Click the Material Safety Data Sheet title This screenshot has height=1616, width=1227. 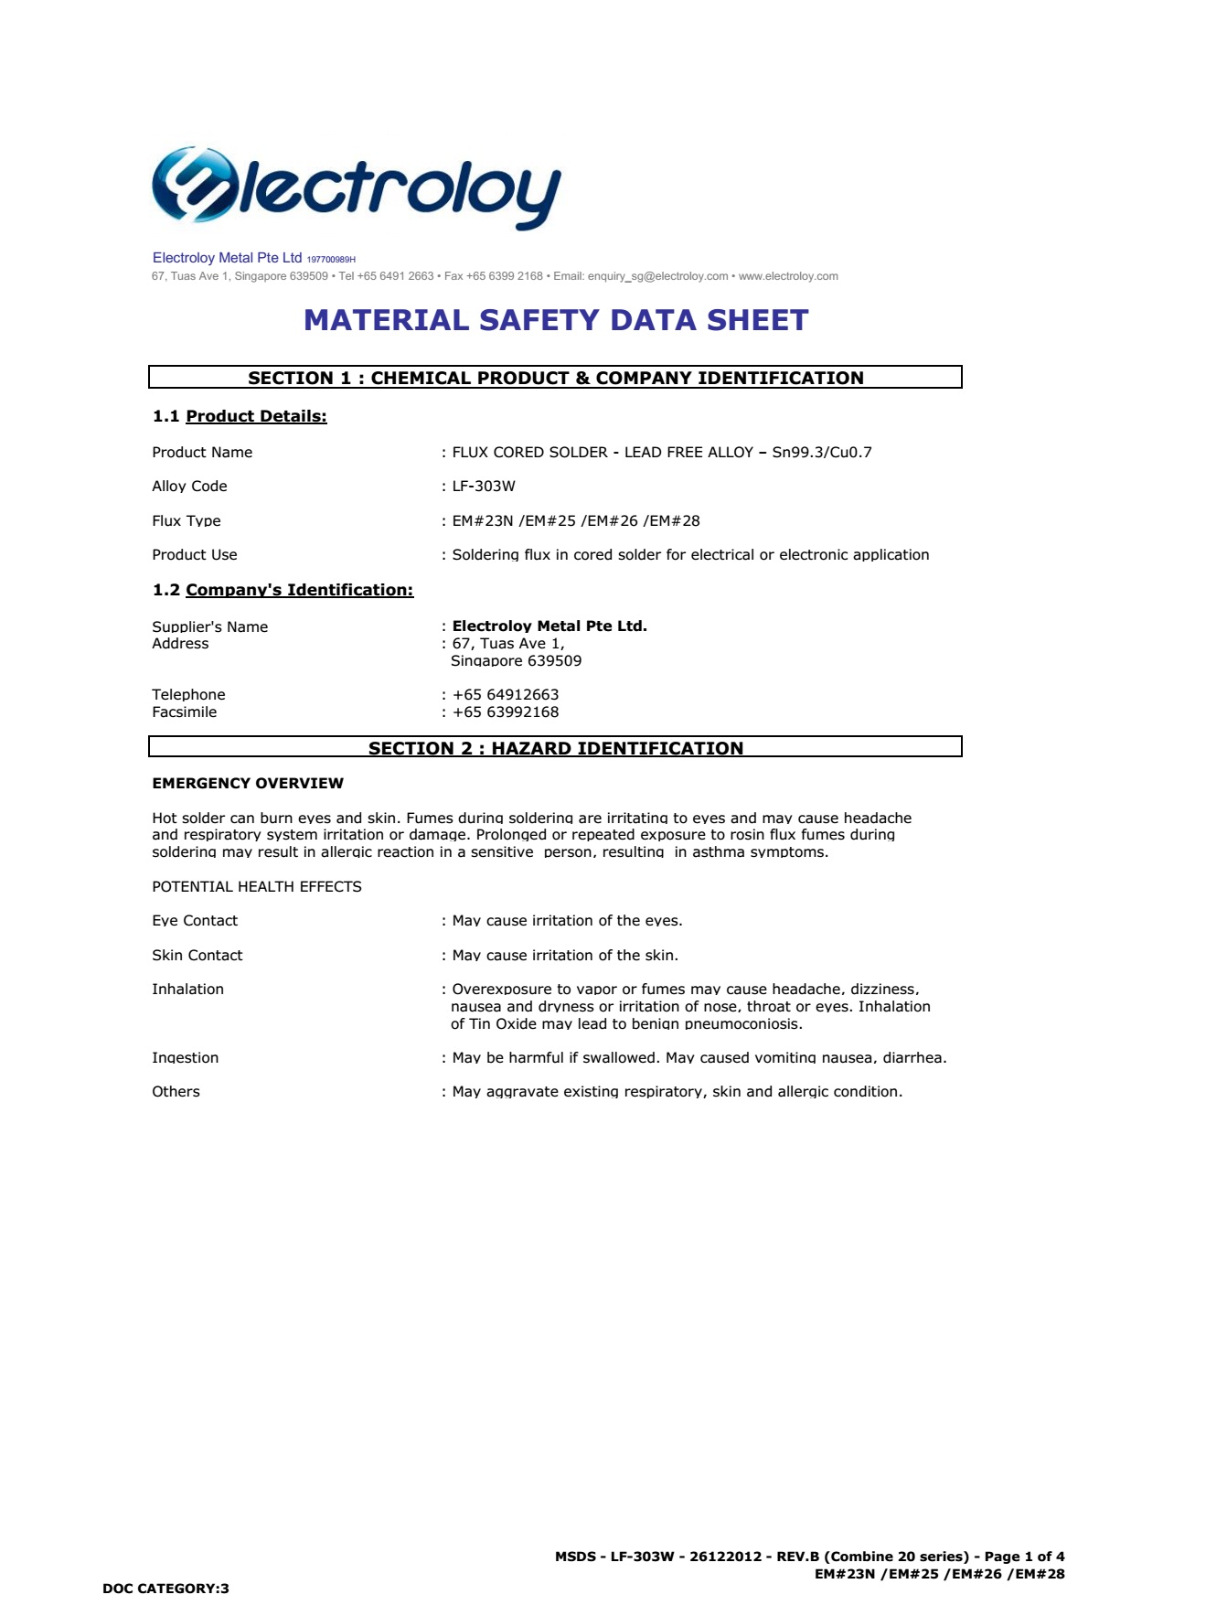556,320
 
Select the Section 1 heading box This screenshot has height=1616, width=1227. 555,378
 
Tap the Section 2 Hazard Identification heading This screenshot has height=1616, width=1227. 555,747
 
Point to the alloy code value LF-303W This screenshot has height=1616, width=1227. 484,487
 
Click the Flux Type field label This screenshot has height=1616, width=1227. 187,521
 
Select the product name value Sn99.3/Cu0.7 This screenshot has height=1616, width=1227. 822,453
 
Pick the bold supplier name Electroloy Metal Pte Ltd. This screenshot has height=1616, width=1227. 549,626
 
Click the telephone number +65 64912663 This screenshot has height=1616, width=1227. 506,695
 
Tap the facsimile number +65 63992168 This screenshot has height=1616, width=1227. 506,712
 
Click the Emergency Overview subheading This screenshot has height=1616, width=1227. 248,784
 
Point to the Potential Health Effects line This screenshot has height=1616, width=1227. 257,887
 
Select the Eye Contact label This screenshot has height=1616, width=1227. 195,921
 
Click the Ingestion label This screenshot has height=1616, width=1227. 186,1058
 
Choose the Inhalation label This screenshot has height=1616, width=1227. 187,990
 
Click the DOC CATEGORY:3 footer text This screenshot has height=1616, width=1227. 165,1589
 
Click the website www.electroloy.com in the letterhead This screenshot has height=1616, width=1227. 788,276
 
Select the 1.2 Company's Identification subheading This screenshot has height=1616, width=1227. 283,590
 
